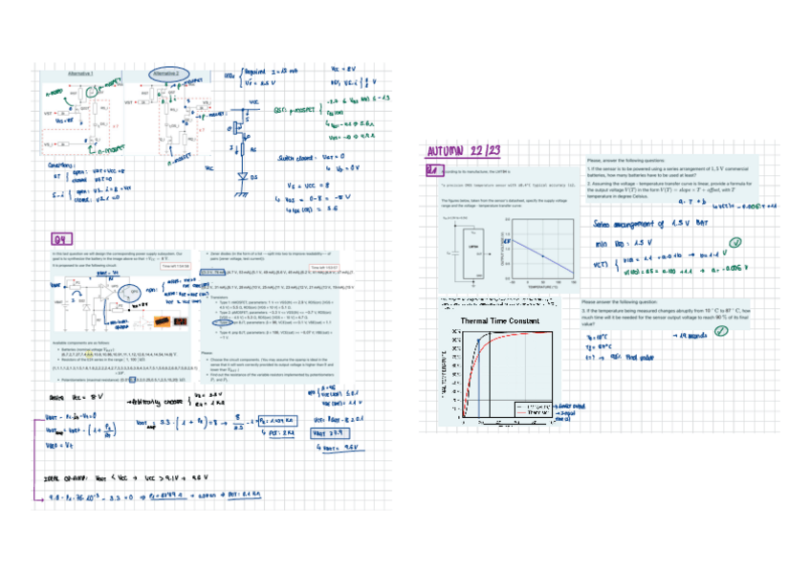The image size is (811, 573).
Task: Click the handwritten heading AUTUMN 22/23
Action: tap(464, 151)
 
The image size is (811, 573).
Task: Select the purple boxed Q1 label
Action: tap(432, 171)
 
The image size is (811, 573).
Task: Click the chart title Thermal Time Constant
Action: tap(500, 321)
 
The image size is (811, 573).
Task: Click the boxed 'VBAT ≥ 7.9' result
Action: tap(334, 432)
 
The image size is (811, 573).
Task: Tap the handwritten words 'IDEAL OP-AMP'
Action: tap(64, 475)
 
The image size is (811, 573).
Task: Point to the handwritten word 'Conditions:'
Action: tap(62, 165)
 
